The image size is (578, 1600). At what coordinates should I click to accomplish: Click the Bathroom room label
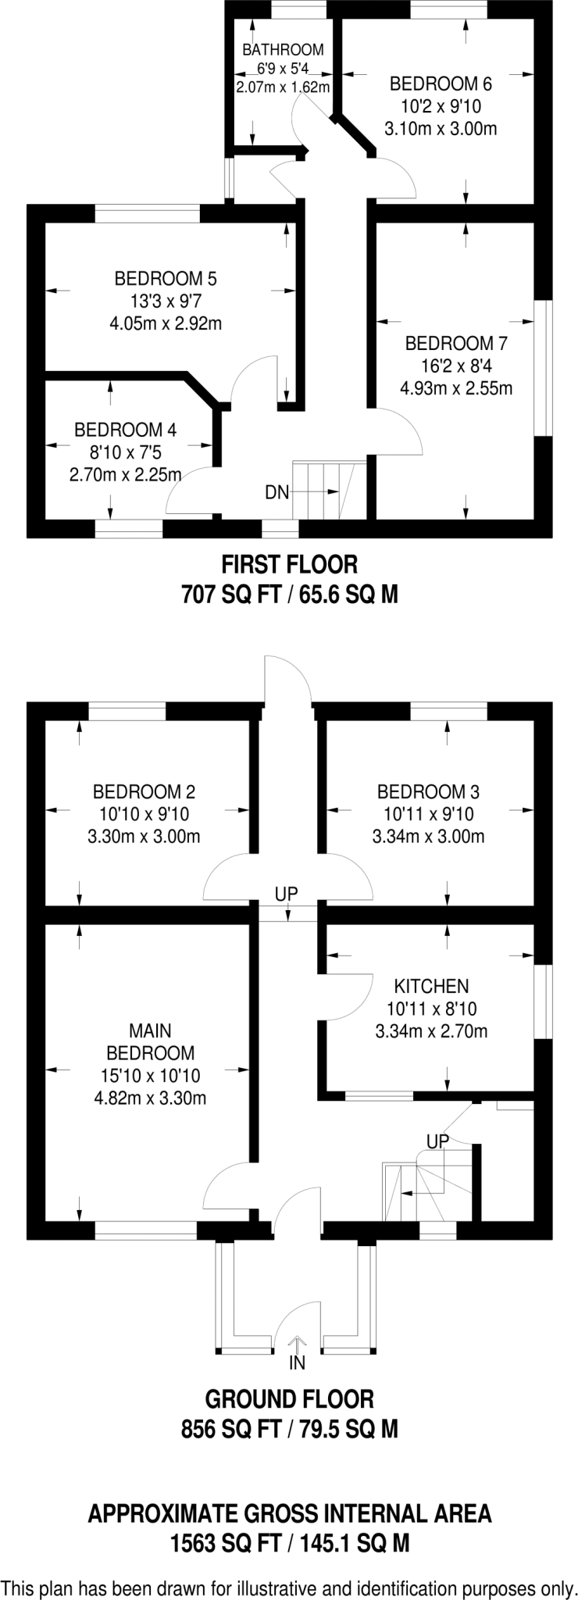click(x=282, y=49)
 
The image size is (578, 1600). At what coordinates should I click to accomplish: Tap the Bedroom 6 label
click(x=441, y=83)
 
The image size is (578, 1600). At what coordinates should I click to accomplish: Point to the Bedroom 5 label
click(x=166, y=277)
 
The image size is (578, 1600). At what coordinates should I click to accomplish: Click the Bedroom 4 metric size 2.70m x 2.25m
click(x=126, y=474)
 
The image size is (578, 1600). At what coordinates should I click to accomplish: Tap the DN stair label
click(x=277, y=492)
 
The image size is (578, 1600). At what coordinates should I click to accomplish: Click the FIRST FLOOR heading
click(x=290, y=563)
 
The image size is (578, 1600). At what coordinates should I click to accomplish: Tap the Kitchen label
click(x=431, y=986)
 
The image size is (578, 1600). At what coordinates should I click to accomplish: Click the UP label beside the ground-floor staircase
click(x=438, y=1141)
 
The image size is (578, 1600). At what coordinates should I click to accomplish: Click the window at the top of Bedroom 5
click(x=148, y=213)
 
